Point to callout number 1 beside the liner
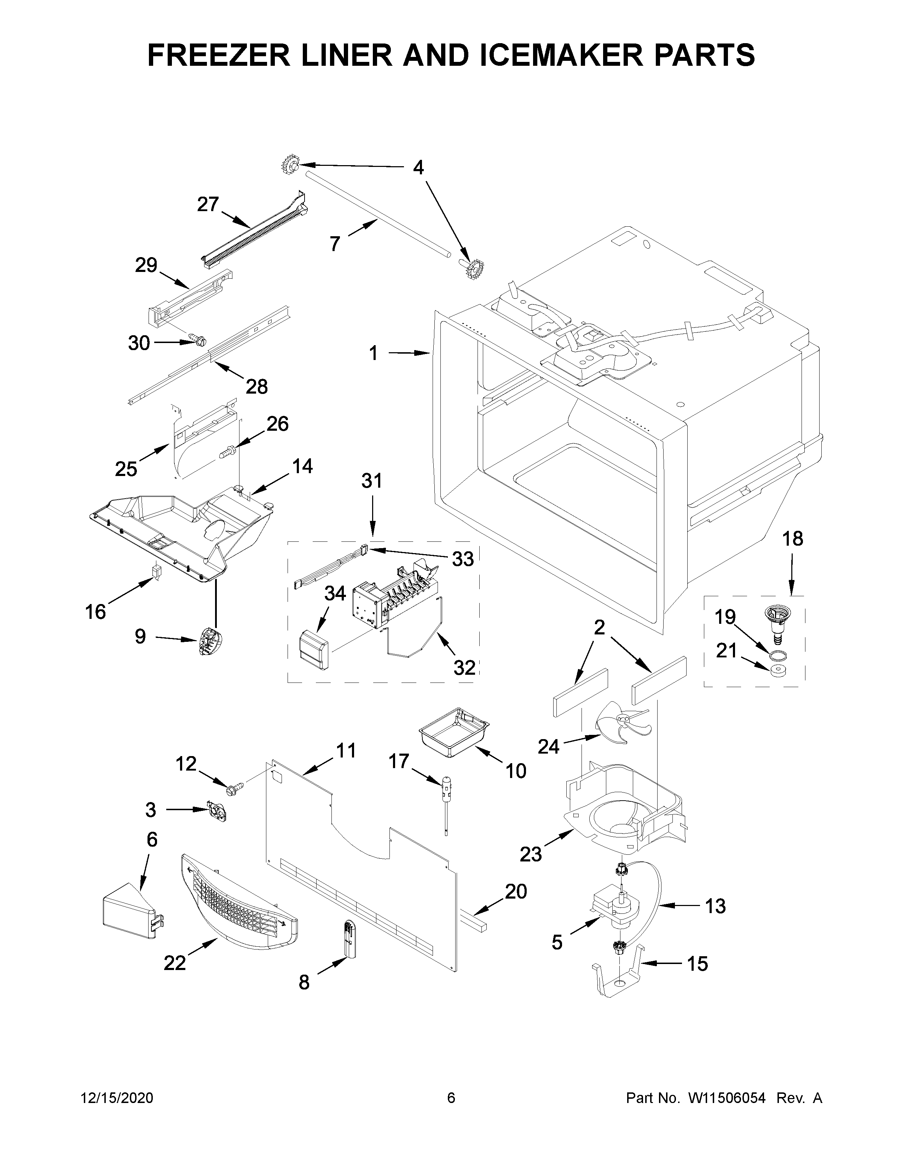coord(374,353)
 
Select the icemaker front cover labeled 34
coord(314,649)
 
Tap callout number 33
coord(463,559)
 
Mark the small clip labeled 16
coord(157,572)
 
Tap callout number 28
coord(256,386)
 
